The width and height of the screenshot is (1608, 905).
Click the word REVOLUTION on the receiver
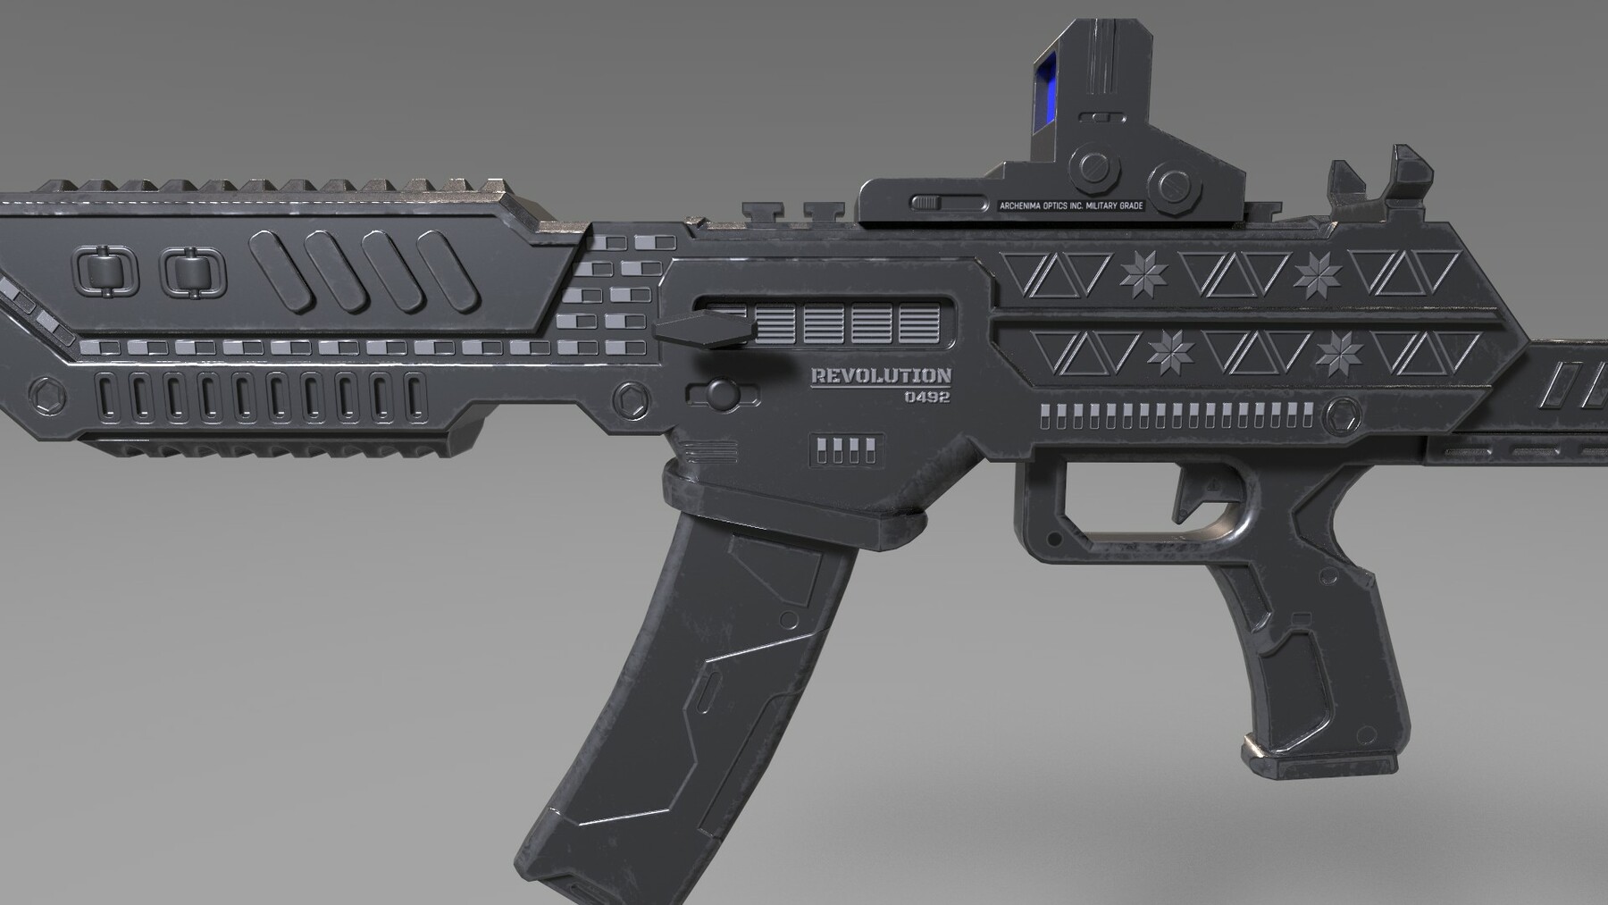click(880, 376)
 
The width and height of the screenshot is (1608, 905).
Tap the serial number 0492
click(926, 397)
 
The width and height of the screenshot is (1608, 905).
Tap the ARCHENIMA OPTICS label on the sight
click(1071, 206)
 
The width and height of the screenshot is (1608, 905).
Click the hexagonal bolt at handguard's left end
click(42, 394)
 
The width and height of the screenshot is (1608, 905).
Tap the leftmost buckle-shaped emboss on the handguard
click(106, 272)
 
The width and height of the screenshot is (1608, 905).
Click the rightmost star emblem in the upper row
click(1317, 274)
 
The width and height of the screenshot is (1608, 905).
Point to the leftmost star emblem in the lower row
click(1170, 352)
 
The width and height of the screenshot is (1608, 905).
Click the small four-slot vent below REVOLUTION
click(846, 450)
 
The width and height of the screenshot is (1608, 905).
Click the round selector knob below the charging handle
click(720, 393)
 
